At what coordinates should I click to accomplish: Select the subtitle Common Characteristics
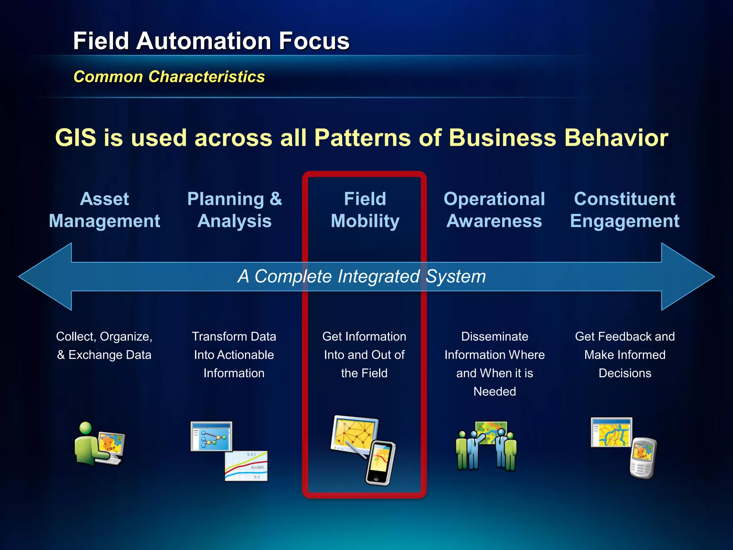[169, 77]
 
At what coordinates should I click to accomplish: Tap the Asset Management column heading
[104, 210]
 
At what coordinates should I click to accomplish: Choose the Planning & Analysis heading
[234, 210]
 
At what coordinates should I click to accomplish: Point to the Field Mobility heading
[365, 210]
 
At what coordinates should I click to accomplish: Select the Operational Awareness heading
[494, 210]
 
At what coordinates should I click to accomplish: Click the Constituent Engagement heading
[625, 210]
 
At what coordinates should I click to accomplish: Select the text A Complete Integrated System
[361, 276]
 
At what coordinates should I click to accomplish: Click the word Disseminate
[495, 337]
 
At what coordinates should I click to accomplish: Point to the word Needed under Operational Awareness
[495, 391]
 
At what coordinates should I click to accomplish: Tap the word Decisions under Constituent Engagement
[625, 373]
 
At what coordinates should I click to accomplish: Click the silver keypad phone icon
[643, 458]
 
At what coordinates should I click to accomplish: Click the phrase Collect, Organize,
[104, 337]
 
